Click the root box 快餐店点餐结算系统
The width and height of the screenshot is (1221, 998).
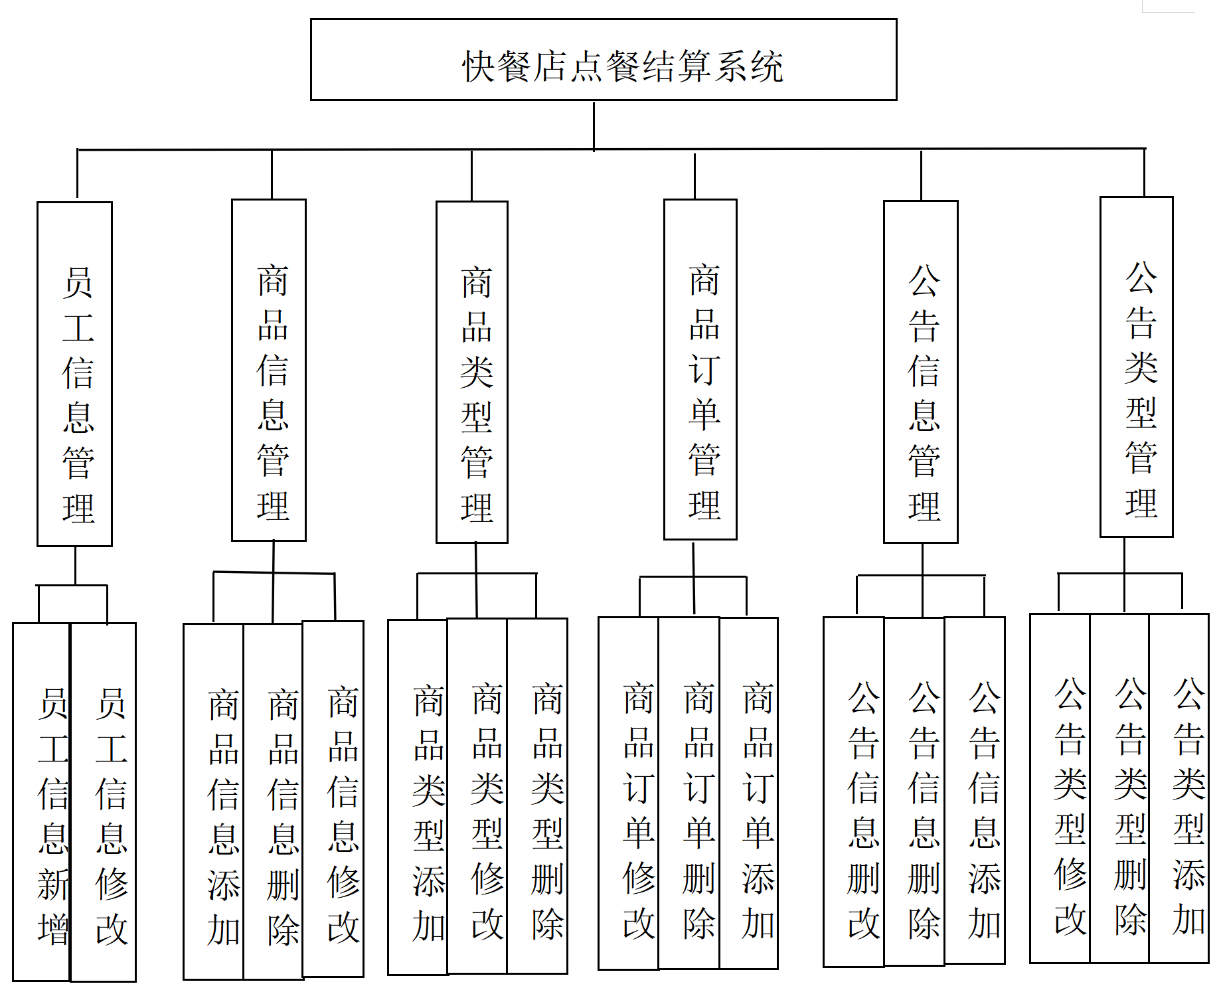tap(603, 60)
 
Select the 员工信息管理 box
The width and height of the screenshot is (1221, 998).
tap(74, 374)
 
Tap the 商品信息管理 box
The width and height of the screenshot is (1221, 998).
tap(269, 370)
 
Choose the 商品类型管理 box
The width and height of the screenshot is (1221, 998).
tap(472, 372)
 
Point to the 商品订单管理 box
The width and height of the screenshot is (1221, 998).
tap(700, 369)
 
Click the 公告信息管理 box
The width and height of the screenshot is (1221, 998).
tap(921, 371)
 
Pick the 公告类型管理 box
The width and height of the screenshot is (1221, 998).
tap(1137, 367)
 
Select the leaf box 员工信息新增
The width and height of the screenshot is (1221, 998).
tap(42, 801)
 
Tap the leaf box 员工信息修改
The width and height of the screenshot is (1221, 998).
tap(104, 801)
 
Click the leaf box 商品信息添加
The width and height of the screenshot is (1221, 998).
tap(214, 801)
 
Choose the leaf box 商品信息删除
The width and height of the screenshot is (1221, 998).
tap(274, 801)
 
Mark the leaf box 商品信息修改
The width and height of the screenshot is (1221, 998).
tap(333, 799)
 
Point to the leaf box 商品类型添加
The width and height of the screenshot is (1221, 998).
tap(418, 797)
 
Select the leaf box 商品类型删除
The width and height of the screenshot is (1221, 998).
tap(538, 795)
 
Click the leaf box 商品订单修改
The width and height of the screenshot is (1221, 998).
tap(629, 793)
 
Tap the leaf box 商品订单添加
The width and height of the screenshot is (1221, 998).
tap(749, 793)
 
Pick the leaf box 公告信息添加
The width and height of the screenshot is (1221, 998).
tap(975, 790)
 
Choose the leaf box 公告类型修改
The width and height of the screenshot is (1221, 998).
tap(1060, 788)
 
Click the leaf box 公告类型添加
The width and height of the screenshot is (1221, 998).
tap(1179, 788)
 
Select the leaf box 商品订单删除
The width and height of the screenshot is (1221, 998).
tap(689, 793)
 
